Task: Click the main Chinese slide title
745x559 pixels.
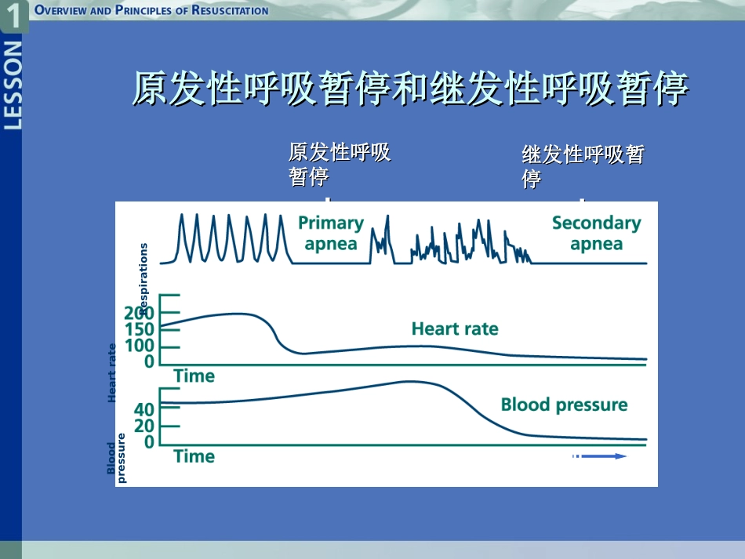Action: [409, 89]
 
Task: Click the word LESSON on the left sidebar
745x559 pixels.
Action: [13, 85]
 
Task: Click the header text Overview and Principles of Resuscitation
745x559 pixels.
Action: [151, 10]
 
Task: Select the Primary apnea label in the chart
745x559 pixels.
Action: [330, 233]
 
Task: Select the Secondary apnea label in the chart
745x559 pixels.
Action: [596, 233]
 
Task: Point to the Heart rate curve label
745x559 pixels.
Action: [455, 329]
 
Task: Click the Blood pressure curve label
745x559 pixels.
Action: [564, 405]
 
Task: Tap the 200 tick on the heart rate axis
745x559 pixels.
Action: [139, 314]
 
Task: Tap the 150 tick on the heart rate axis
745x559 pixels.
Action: [139, 329]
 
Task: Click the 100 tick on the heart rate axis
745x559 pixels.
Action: [139, 346]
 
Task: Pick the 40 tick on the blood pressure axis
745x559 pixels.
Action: [144, 409]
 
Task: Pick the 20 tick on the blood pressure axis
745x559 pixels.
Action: [144, 426]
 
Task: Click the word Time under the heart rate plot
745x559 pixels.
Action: [194, 376]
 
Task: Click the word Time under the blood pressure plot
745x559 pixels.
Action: [194, 456]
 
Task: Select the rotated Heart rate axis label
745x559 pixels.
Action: [112, 373]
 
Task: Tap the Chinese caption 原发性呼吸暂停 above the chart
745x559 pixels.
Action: [339, 164]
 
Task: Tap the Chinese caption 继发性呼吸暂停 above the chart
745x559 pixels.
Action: [582, 166]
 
